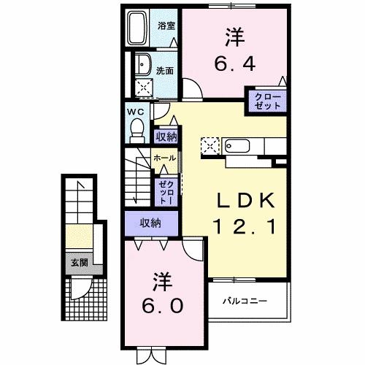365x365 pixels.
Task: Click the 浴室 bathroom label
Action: pyautogui.click(x=166, y=25)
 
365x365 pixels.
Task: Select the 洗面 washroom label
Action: pyautogui.click(x=165, y=71)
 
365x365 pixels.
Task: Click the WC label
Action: pyautogui.click(x=136, y=111)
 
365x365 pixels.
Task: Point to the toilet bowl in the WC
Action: pyautogui.click(x=136, y=130)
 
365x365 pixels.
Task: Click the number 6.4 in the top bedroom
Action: pyautogui.click(x=235, y=64)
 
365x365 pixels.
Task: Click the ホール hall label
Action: pyautogui.click(x=164, y=158)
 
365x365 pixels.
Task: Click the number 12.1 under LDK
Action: pyautogui.click(x=245, y=228)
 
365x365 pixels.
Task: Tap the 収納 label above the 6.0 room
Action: pyautogui.click(x=150, y=223)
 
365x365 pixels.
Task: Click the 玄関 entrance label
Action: pyautogui.click(x=78, y=263)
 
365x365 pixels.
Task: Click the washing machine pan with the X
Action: pyautogui.click(x=145, y=89)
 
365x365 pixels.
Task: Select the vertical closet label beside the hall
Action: pyautogui.click(x=164, y=191)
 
